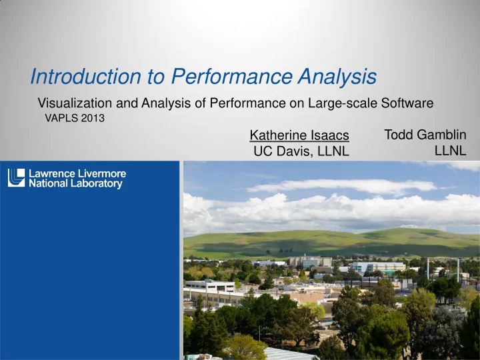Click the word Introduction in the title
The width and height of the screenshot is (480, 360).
pyautogui.click(x=86, y=76)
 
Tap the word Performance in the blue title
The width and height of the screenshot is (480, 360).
pyautogui.click(x=232, y=76)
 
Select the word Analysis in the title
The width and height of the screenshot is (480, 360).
pyautogui.click(x=337, y=77)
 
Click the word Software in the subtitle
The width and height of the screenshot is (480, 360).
pyautogui.click(x=407, y=103)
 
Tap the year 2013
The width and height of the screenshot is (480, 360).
pyautogui.click(x=93, y=118)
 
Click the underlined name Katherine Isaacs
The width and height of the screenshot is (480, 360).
pyautogui.click(x=299, y=135)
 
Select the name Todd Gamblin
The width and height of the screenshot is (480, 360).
pyautogui.click(x=425, y=135)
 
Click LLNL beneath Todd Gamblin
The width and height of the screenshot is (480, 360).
pyautogui.click(x=450, y=151)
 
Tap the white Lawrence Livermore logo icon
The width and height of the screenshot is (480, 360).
pyautogui.click(x=16, y=177)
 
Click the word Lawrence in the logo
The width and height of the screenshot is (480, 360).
pyautogui.click(x=52, y=173)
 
